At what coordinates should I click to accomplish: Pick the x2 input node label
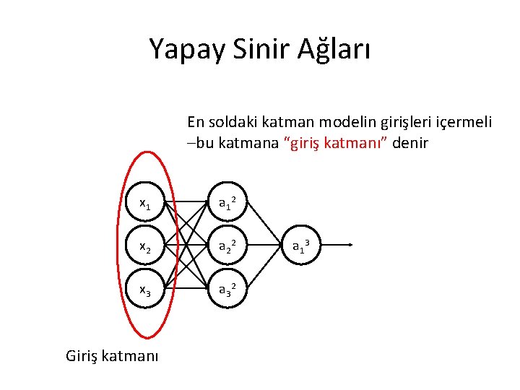pos(144,248)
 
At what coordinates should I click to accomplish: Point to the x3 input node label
pos(144,291)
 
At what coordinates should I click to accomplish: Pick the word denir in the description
pos(412,143)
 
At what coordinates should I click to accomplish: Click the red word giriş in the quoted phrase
pos(309,143)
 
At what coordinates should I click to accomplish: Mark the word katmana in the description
pos(251,143)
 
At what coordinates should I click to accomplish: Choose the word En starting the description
pos(195,121)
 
